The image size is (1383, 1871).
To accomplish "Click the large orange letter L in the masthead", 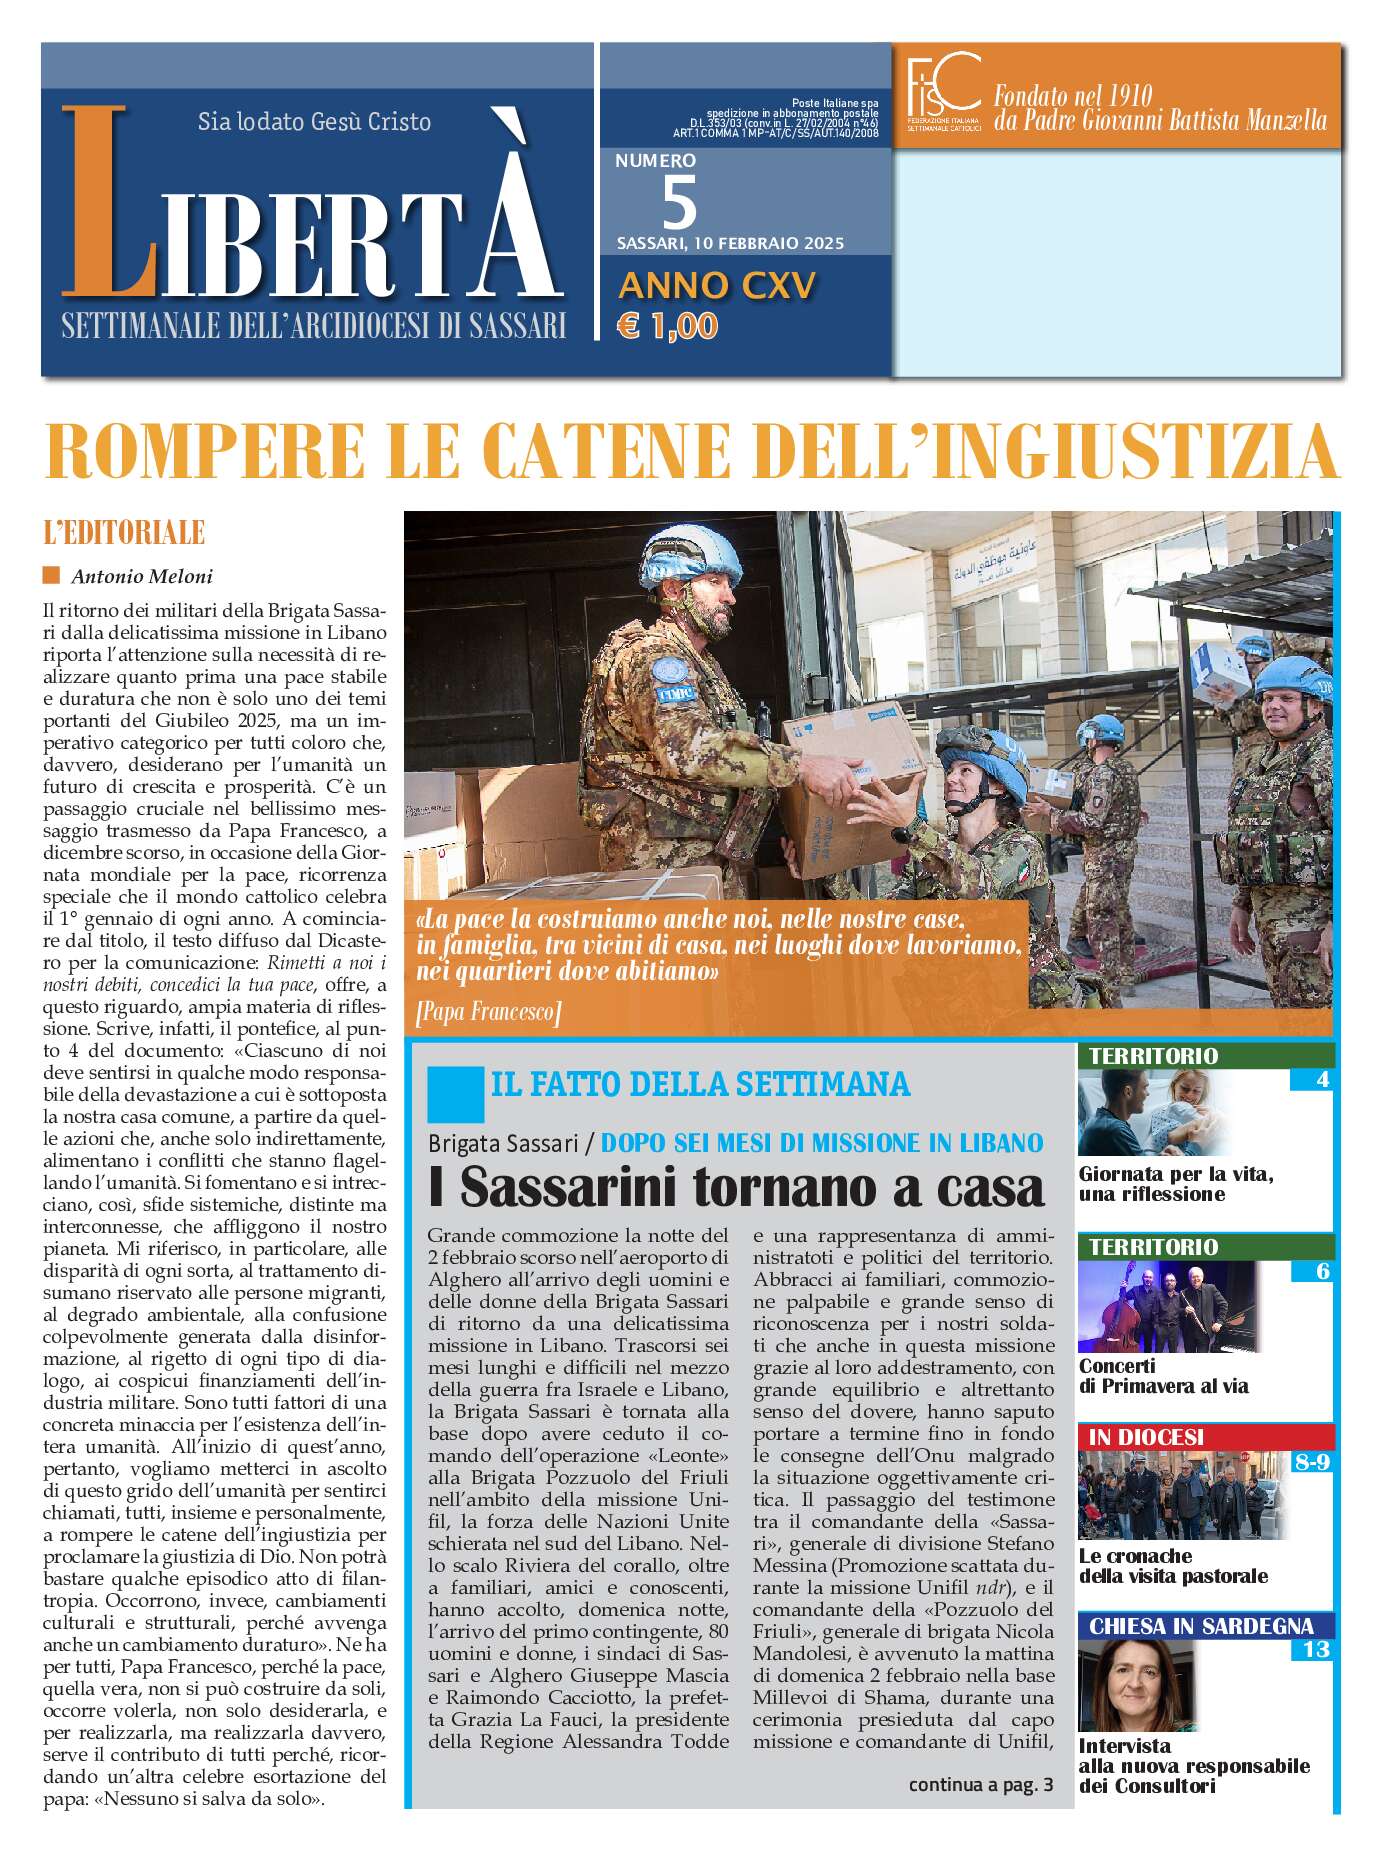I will click(105, 205).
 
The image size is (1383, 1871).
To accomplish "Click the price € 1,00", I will click(668, 327).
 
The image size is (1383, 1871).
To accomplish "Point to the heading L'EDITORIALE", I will click(124, 533).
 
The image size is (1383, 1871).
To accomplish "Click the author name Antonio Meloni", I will click(142, 576).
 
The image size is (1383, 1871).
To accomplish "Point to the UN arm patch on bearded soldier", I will click(667, 673).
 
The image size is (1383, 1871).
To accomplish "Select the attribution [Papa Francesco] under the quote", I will click(488, 1012).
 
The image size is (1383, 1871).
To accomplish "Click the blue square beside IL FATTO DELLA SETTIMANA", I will click(455, 1094).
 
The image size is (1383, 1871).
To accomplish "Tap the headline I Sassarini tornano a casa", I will click(736, 1187).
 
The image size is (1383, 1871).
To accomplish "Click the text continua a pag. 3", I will click(980, 1784).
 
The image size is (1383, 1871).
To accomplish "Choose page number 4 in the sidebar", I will click(1322, 1079).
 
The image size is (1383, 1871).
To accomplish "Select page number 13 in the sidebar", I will click(1314, 1649).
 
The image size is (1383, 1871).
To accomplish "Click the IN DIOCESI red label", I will click(1146, 1437).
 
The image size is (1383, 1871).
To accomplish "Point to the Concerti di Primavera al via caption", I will click(1163, 1376).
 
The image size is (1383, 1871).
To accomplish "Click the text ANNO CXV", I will click(717, 286).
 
